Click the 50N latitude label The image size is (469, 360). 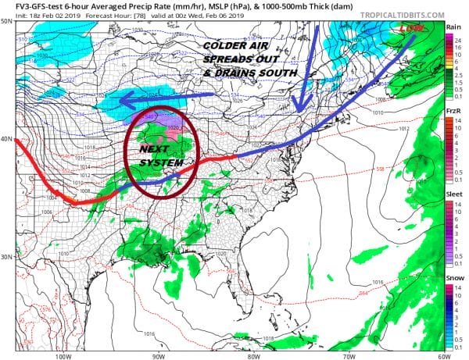coord(7,21)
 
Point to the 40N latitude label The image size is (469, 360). coord(7,139)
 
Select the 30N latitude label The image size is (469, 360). coord(7,256)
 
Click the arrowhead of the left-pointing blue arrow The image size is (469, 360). coord(123,99)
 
